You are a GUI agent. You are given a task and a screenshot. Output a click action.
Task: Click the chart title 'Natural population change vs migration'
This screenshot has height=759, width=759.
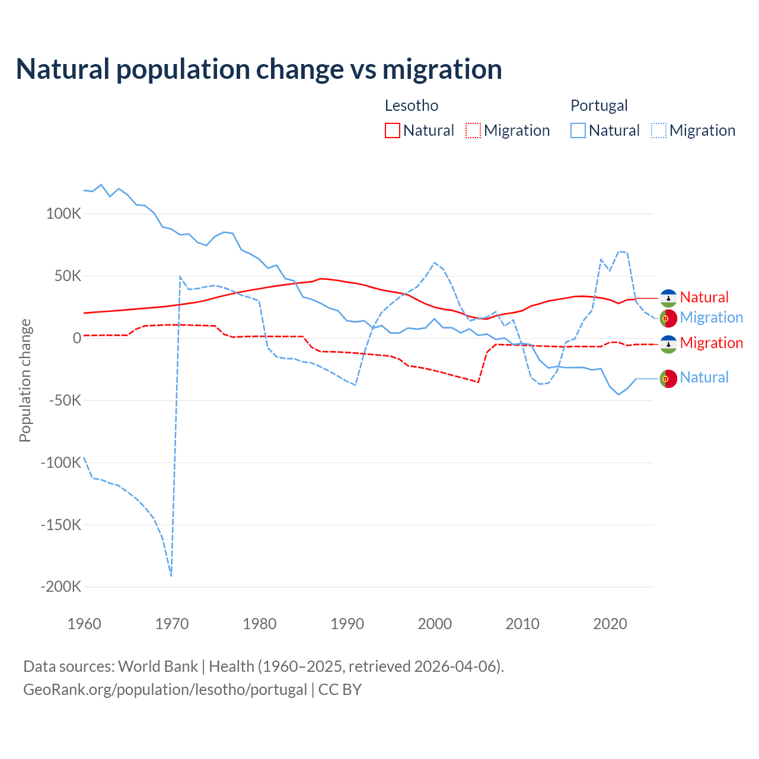(259, 69)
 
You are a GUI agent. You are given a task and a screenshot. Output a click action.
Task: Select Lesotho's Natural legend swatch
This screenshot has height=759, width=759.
(393, 130)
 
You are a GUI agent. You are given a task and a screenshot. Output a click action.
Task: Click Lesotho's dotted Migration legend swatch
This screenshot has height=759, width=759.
(473, 130)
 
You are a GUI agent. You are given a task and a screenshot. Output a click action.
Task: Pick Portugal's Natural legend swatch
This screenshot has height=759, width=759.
(578, 130)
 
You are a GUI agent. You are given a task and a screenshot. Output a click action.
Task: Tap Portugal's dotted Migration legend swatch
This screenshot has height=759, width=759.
(659, 130)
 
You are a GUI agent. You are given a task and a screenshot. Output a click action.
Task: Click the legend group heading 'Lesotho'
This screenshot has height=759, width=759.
(412, 106)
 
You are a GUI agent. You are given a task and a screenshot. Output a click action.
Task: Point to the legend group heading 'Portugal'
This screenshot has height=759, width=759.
(599, 106)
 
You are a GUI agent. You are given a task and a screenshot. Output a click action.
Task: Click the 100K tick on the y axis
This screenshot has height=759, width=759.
(63, 214)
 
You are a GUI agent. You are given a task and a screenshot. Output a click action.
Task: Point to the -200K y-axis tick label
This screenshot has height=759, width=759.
(61, 587)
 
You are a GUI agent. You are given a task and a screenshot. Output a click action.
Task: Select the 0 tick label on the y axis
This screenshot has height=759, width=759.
(77, 339)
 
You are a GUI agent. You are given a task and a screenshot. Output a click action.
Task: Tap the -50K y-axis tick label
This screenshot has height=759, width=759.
(65, 400)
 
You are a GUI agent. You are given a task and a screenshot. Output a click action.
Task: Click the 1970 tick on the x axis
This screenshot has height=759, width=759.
(172, 624)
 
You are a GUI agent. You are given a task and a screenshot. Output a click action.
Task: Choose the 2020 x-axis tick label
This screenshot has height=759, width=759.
(610, 624)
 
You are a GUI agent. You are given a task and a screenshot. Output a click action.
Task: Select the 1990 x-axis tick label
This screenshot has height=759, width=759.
(347, 624)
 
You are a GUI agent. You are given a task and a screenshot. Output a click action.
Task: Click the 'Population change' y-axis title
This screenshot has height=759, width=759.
(25, 380)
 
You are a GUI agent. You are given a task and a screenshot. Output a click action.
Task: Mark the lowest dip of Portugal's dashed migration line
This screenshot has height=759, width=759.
(171, 575)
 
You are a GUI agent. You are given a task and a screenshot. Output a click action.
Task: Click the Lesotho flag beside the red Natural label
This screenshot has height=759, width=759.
(668, 298)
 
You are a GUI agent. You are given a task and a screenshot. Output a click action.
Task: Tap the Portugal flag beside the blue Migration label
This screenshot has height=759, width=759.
(668, 318)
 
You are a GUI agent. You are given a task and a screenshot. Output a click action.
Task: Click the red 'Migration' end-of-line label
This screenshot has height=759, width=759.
(712, 343)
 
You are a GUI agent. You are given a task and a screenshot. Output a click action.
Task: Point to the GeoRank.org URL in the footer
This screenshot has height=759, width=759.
(165, 690)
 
